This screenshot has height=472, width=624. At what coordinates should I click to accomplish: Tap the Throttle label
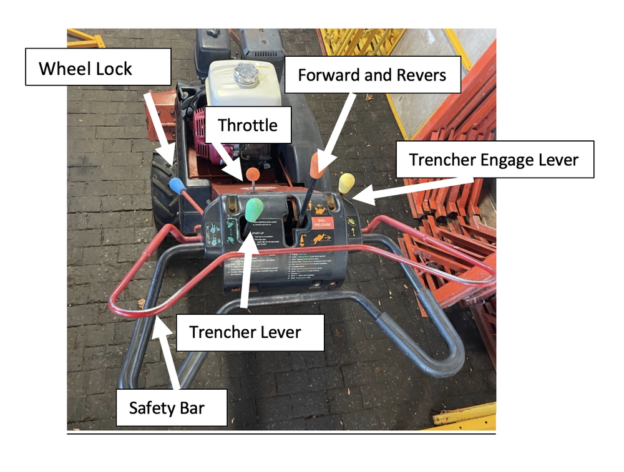[x=247, y=125]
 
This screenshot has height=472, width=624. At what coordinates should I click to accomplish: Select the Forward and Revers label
[x=373, y=75]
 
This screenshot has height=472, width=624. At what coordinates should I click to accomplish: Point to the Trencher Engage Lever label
[x=494, y=160]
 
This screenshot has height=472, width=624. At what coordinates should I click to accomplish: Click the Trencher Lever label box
[x=245, y=332]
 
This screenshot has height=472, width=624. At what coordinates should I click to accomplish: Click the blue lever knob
[x=177, y=185]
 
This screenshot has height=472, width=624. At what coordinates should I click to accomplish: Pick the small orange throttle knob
[x=253, y=173]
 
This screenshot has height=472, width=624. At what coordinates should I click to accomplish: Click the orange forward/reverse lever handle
[x=317, y=164]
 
